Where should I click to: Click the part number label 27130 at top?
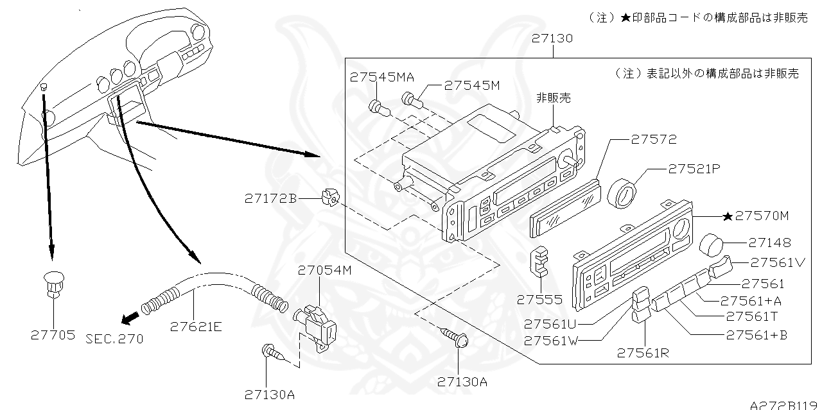pos(552,38)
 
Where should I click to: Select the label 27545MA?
pos(382,77)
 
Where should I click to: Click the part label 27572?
pos(653,139)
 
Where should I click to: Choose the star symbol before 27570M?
pos(727,217)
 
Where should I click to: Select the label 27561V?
pos(778,262)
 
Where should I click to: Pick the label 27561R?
pos(644,352)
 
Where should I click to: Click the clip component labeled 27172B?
pos(329,198)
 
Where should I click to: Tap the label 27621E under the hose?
pos(196,327)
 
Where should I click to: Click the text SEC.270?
pos(114,338)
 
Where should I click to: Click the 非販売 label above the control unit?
pos(553,98)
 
